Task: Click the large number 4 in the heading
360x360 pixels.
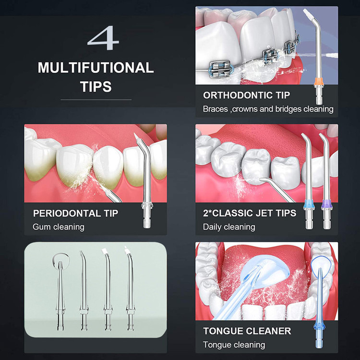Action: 103,38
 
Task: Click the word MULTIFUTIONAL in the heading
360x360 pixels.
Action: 96,68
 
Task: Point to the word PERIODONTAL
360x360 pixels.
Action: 67,213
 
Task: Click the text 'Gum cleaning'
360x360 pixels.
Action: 59,227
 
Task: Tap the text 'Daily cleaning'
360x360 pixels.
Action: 229,227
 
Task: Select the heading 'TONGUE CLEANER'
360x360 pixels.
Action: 247,331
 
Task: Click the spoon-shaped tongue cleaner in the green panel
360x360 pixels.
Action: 60,291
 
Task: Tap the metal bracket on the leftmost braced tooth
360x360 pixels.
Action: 220,69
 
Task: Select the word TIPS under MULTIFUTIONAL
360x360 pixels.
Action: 96,86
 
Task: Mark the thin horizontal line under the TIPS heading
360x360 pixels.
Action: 96,100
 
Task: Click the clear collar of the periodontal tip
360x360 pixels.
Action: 147,204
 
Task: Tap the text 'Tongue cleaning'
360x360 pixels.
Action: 234,345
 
